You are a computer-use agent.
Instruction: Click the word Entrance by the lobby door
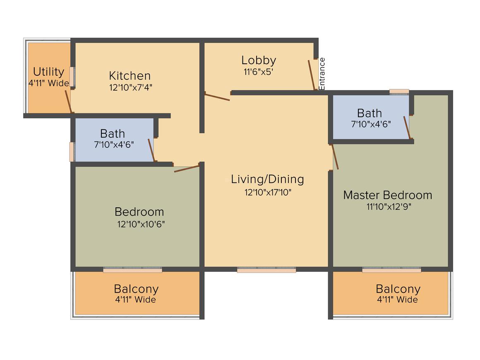pos(322,74)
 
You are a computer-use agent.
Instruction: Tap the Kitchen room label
pos(130,76)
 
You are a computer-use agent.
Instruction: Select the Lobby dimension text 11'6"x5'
pos(258,72)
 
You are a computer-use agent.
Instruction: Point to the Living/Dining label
pos(268,180)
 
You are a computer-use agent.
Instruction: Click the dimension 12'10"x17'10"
pos(268,192)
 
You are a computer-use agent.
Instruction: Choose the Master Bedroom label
pos(388,195)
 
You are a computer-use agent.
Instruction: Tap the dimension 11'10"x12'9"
pos(389,207)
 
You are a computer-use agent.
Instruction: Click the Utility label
pos(49,72)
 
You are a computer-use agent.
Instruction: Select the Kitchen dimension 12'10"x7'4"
pos(131,88)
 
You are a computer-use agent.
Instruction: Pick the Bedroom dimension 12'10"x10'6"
pos(141,224)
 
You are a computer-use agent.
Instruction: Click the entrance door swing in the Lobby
pos(312,75)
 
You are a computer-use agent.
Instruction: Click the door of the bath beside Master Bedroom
pos(407,127)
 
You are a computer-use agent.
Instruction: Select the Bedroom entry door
pos(187,169)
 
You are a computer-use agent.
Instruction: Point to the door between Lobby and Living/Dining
pos(217,97)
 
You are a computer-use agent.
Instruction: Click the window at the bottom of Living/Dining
pos(266,270)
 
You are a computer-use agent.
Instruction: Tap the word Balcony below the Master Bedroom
pos(398,289)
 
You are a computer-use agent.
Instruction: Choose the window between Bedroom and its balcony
pos(132,270)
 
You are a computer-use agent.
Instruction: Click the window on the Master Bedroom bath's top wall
pos(399,91)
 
